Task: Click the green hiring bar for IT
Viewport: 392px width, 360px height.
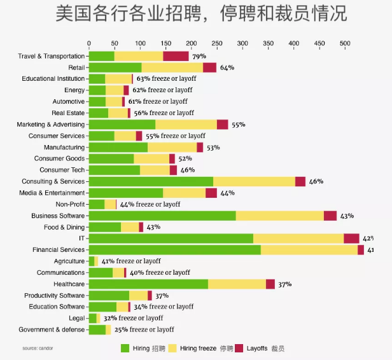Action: pyautogui.click(x=171, y=239)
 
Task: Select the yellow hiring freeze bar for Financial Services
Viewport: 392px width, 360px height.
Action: pyautogui.click(x=309, y=250)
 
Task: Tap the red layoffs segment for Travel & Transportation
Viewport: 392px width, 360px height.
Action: pyautogui.click(x=176, y=56)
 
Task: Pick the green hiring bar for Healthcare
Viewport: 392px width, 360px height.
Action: pyautogui.click(x=148, y=284)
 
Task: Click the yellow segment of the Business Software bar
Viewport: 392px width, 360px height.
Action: pyautogui.click(x=279, y=216)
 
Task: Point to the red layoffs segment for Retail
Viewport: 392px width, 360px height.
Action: pyautogui.click(x=209, y=67)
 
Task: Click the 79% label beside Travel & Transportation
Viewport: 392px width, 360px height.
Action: pyautogui.click(x=199, y=56)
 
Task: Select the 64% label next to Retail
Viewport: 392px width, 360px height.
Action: pyautogui.click(x=227, y=67)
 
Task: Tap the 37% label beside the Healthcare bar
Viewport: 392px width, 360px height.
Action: pyautogui.click(x=284, y=284)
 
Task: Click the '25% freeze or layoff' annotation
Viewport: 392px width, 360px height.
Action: pyautogui.click(x=144, y=329)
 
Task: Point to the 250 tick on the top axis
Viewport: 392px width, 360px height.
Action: pyautogui.click(x=217, y=44)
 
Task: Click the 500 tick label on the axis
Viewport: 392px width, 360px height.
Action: pyautogui.click(x=344, y=44)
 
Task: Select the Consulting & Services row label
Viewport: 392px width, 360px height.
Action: pyautogui.click(x=53, y=181)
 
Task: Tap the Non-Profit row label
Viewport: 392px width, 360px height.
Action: pyautogui.click(x=70, y=204)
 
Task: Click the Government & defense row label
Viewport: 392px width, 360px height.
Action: pyautogui.click(x=52, y=329)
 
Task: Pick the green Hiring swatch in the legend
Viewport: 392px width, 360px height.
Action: pyautogui.click(x=125, y=349)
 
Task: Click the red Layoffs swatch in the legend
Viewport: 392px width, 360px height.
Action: pyautogui.click(x=240, y=349)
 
